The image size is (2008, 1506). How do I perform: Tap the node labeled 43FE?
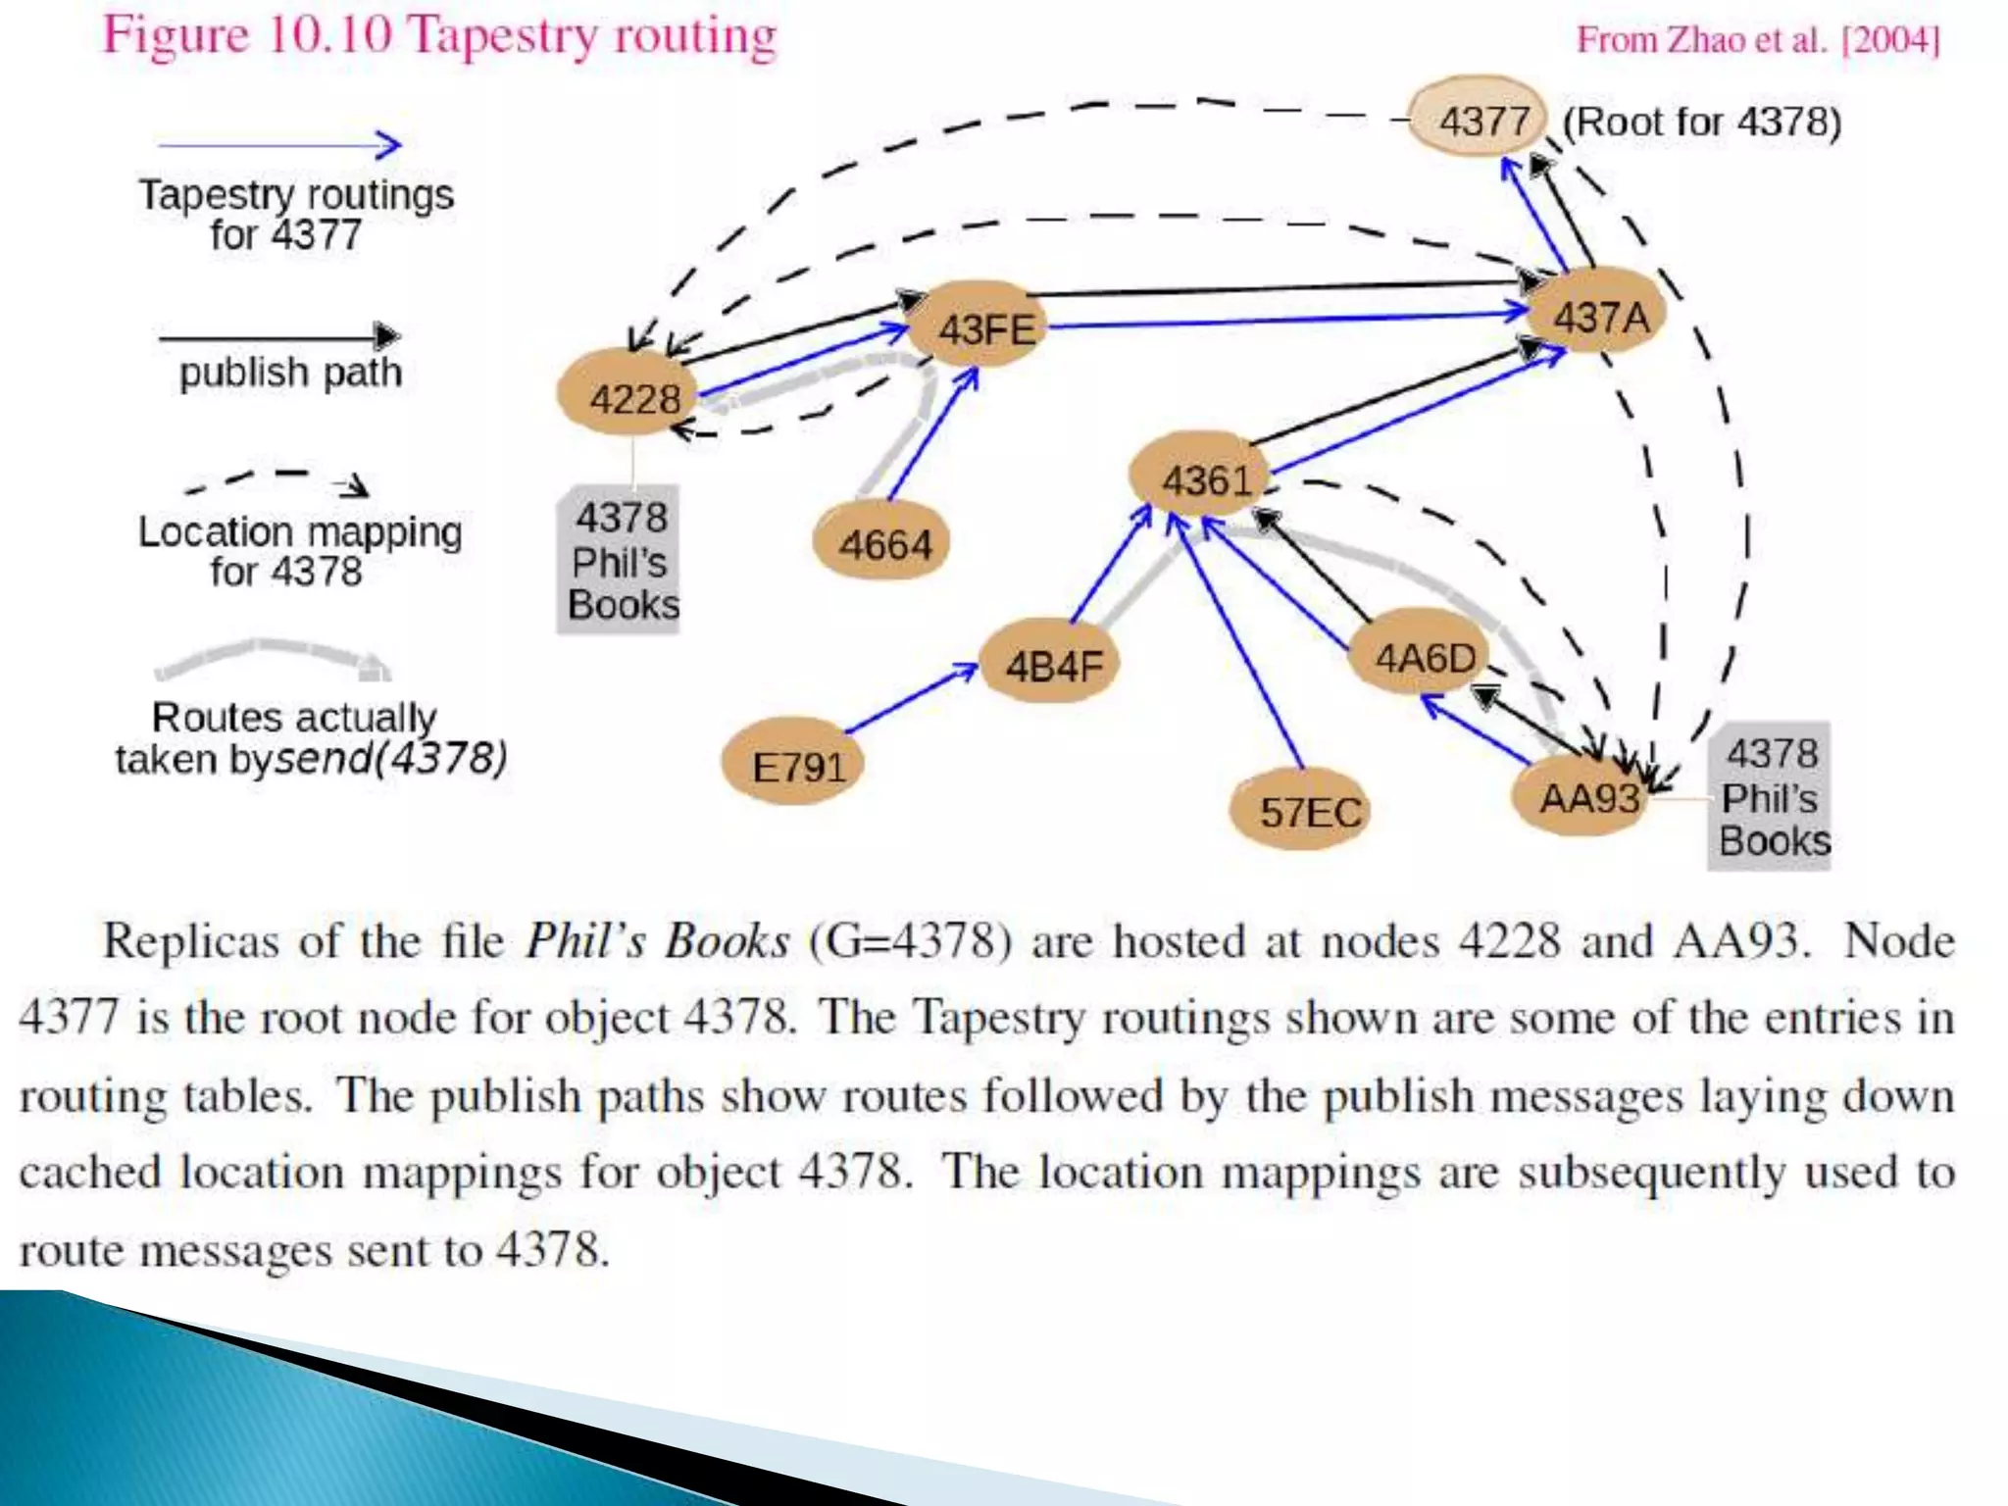[983, 326]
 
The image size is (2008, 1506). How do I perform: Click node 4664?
[882, 543]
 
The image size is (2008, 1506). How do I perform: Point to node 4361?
[1202, 479]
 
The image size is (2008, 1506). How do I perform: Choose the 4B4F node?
[1051, 665]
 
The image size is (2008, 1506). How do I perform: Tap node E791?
[795, 764]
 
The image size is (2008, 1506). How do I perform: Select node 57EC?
[1305, 810]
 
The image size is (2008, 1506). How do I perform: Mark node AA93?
[1583, 796]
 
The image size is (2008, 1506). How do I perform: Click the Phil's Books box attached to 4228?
[620, 560]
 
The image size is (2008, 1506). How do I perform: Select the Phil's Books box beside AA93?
[1771, 796]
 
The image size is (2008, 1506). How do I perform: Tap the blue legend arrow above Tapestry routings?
[280, 145]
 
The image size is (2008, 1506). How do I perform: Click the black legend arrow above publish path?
[279, 337]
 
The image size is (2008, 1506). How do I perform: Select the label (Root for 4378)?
[1701, 122]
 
